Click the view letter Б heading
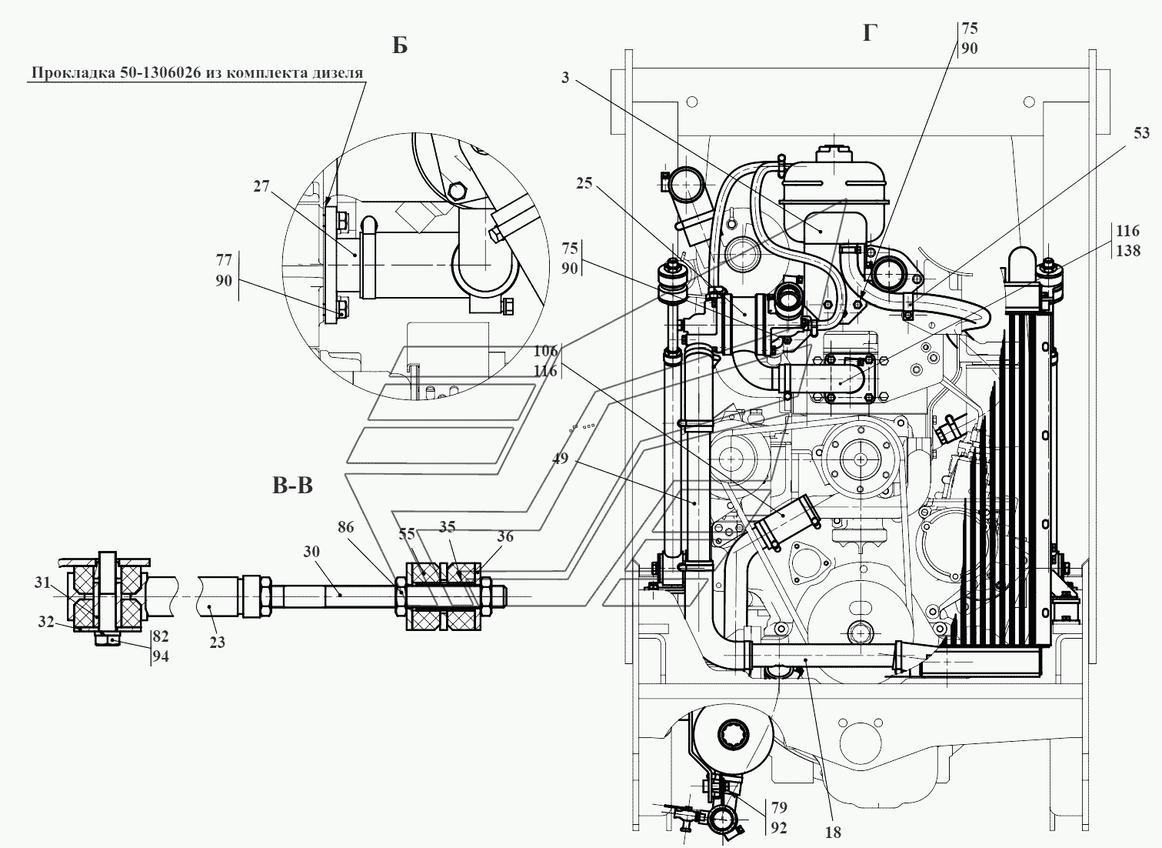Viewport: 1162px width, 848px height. [x=399, y=46]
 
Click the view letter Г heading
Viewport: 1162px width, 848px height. [x=870, y=33]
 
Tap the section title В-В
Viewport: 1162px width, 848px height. [x=292, y=486]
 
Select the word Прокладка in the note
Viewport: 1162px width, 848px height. [x=74, y=73]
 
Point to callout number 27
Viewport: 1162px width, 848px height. [x=261, y=185]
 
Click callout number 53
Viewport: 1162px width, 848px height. [x=1141, y=133]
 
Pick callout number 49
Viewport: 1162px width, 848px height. [x=561, y=459]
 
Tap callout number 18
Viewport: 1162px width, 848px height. [x=833, y=833]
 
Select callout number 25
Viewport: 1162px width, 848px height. [x=584, y=182]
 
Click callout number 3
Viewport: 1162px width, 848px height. [x=565, y=78]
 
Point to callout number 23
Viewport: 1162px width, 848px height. [x=217, y=643]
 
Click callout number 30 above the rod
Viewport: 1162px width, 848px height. [x=311, y=551]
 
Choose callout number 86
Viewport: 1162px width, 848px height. [x=345, y=527]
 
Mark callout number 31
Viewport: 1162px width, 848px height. [x=42, y=583]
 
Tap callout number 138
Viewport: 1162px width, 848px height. [x=1128, y=251]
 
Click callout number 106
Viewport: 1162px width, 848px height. [x=545, y=351]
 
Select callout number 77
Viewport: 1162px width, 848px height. [x=224, y=259]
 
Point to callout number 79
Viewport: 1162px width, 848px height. [x=779, y=807]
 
